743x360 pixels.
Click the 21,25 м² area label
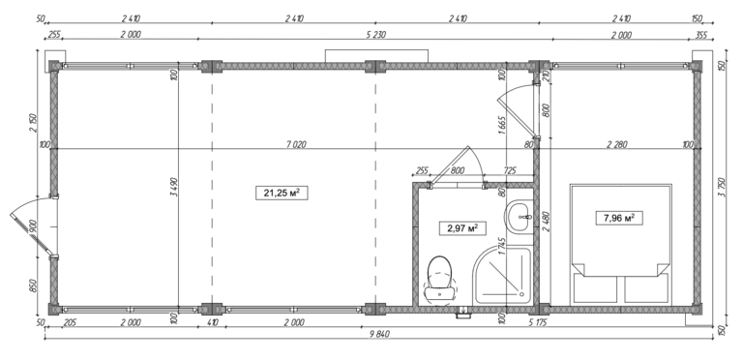(x=279, y=193)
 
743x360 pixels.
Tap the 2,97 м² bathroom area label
(x=462, y=229)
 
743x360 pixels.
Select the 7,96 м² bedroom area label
(x=616, y=218)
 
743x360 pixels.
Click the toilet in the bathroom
(x=439, y=275)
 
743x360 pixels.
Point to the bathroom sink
(x=520, y=215)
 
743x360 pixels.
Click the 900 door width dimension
(x=34, y=230)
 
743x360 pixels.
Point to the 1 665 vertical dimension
(x=503, y=127)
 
